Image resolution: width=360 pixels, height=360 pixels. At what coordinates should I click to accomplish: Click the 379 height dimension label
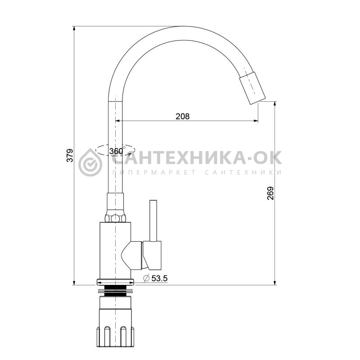pyautogui.click(x=70, y=155)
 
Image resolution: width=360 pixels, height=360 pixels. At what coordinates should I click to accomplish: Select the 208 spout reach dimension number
pyautogui.click(x=183, y=117)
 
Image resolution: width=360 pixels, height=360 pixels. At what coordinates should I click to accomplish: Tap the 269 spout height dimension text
pyautogui.click(x=270, y=193)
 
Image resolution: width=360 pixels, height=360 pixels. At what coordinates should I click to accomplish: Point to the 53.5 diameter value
pyautogui.click(x=159, y=278)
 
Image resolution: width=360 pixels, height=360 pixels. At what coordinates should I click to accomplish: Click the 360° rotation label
pyautogui.click(x=117, y=151)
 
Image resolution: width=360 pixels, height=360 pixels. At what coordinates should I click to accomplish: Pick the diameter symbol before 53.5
pyautogui.click(x=146, y=278)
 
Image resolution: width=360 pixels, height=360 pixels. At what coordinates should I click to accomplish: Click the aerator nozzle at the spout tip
pyautogui.click(x=252, y=88)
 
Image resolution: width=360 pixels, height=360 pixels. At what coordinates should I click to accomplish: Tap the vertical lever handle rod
pyautogui.click(x=153, y=220)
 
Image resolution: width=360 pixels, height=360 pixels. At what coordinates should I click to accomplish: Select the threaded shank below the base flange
pyautogui.click(x=115, y=291)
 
